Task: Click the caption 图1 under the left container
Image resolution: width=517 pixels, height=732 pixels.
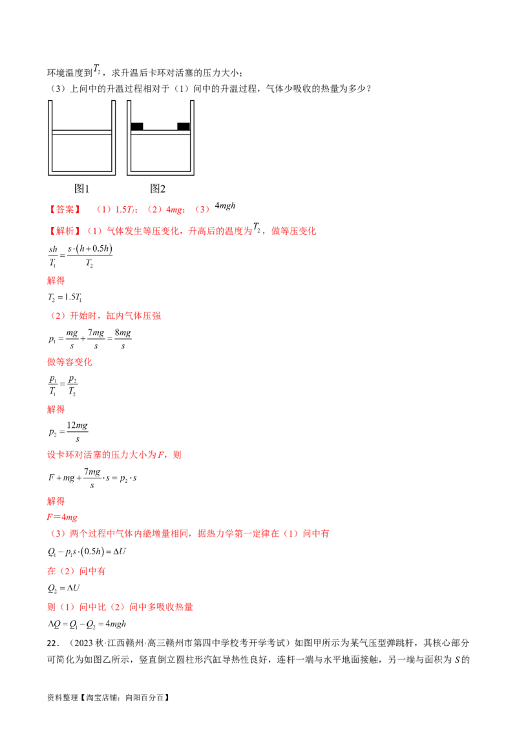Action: [81, 189]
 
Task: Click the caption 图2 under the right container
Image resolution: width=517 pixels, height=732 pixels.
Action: [158, 189]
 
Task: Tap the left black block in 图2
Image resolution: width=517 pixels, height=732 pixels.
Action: [137, 127]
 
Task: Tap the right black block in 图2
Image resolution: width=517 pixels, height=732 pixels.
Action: [184, 127]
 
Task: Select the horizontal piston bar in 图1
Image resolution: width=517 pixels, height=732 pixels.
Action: [81, 133]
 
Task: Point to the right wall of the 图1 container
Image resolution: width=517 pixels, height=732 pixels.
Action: [114, 136]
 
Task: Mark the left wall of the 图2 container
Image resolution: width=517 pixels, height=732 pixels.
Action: [129, 136]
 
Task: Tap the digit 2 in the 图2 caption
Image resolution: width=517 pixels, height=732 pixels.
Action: [162, 189]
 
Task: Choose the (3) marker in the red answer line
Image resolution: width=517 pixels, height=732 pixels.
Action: [203, 210]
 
